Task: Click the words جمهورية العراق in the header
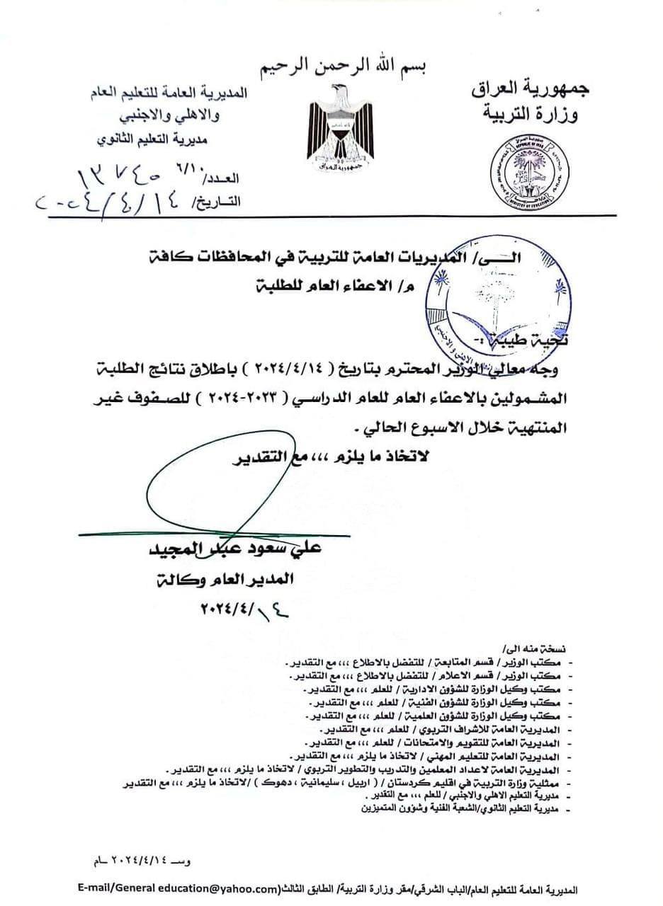(x=524, y=89)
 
